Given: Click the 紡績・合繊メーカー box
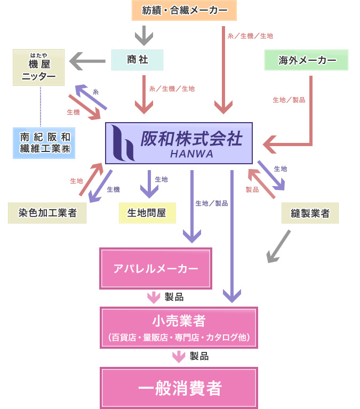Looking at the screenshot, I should (x=184, y=11).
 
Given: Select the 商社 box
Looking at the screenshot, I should (x=137, y=60).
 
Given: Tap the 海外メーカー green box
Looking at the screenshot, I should (x=307, y=60).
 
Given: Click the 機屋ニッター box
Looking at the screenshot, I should (x=38, y=68).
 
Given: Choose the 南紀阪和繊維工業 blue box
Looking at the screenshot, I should (x=44, y=142).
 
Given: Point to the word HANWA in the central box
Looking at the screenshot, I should (x=192, y=154).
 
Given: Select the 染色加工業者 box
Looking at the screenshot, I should (x=47, y=213).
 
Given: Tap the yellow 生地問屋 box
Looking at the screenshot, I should (x=147, y=213).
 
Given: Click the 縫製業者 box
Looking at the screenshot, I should (x=310, y=213).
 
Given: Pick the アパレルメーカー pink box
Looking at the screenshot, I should (x=156, y=268).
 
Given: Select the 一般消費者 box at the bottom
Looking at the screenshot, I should (x=179, y=388).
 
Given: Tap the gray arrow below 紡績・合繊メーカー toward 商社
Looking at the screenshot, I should (x=143, y=36).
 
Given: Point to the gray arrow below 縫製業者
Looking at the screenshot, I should (x=278, y=246).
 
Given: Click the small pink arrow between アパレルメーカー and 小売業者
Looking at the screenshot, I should (x=153, y=297).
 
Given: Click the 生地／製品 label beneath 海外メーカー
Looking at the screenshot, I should (x=289, y=100).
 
